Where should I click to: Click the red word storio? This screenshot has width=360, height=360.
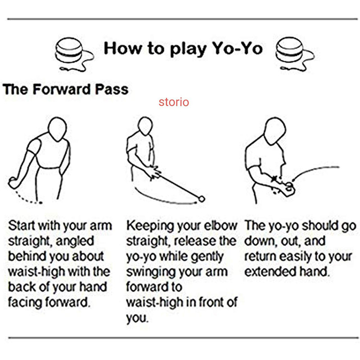click(x=174, y=102)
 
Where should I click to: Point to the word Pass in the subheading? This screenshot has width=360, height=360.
click(x=112, y=89)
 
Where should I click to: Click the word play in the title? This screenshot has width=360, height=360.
click(x=188, y=49)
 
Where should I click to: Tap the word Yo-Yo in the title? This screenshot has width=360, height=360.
click(x=237, y=49)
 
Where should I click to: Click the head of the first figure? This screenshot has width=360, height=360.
click(x=58, y=129)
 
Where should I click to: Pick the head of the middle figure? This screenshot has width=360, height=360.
click(x=145, y=126)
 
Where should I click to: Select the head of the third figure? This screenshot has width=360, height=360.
click(x=275, y=131)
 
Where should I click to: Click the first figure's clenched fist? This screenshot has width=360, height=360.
click(x=14, y=183)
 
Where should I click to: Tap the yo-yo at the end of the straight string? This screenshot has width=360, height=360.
click(x=202, y=199)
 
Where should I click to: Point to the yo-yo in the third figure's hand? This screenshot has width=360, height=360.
click(x=289, y=186)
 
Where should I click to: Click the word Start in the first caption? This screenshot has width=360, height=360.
click(x=22, y=225)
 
